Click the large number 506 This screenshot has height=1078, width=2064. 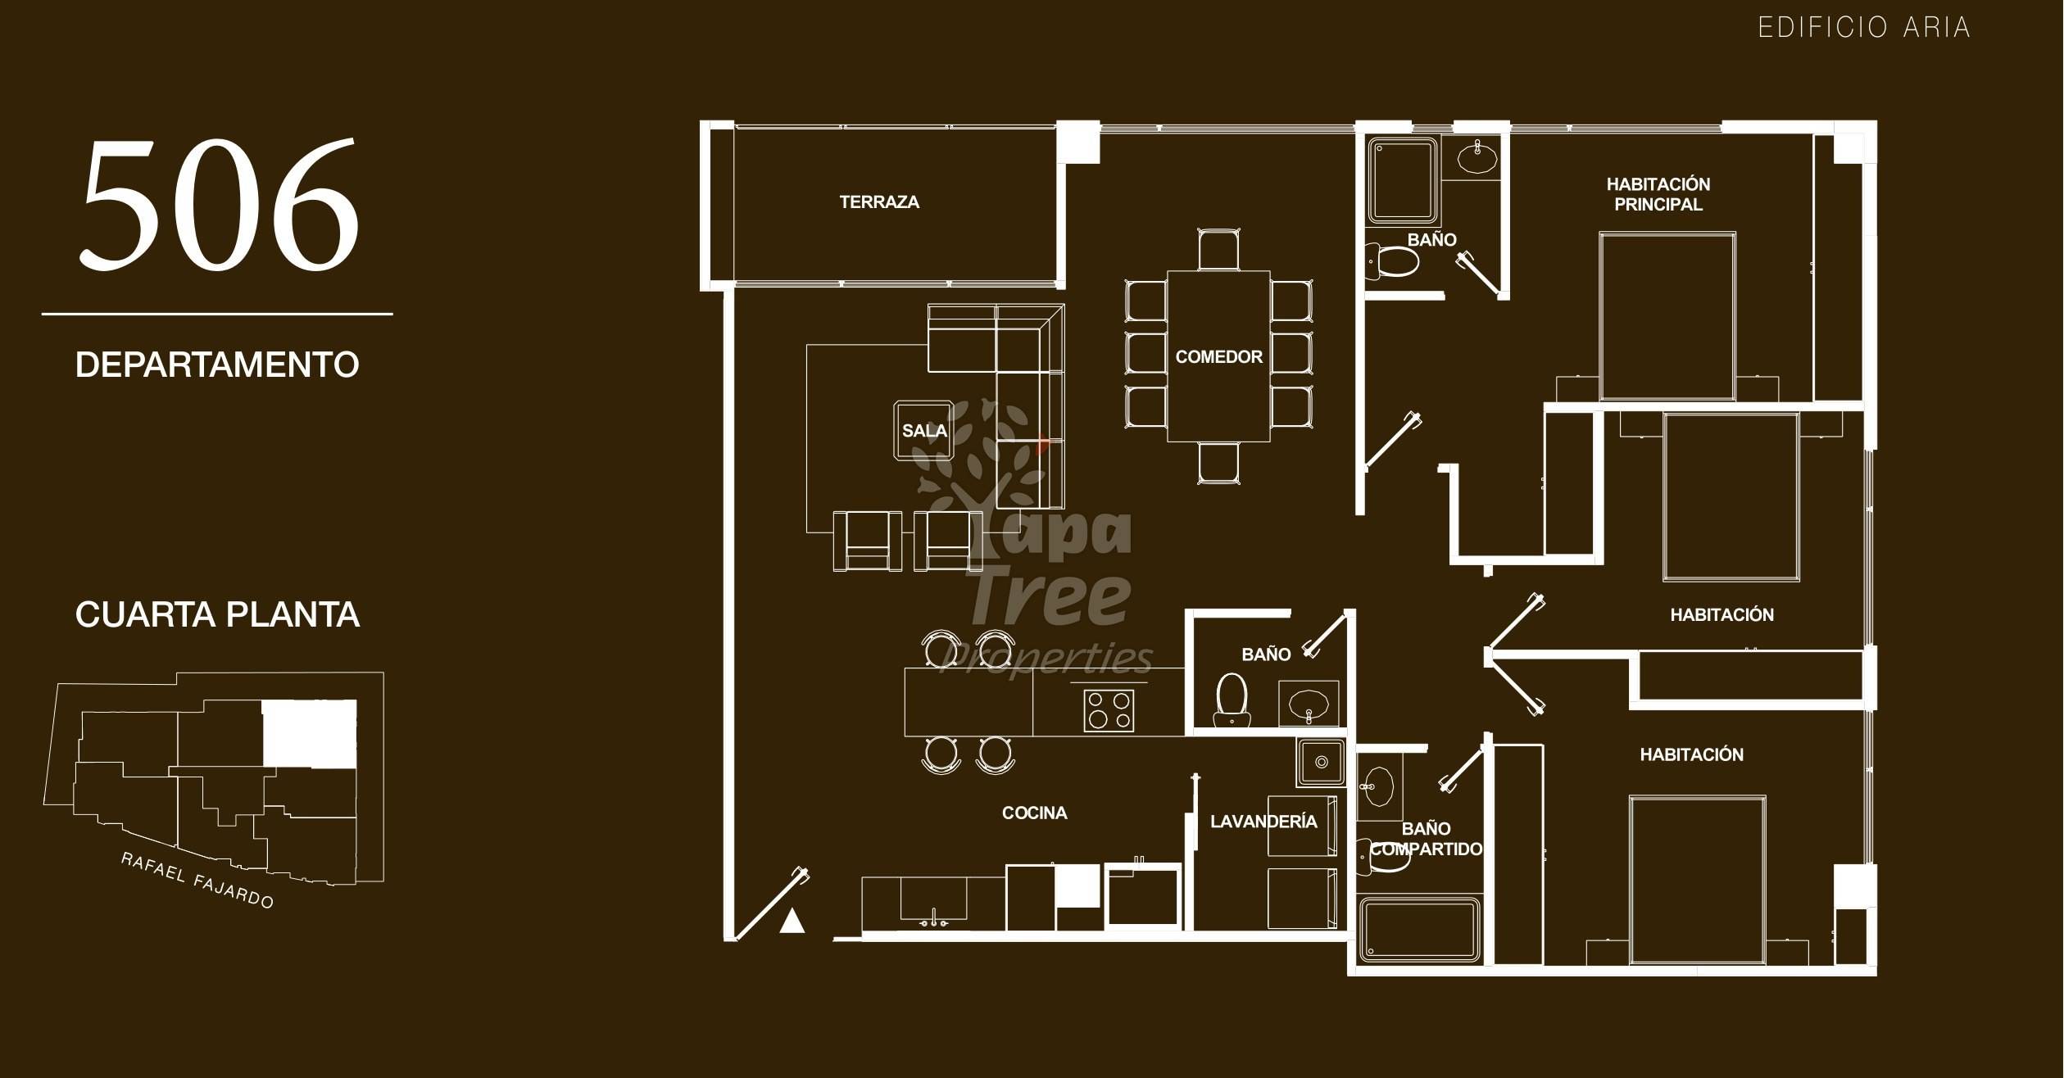pos(220,204)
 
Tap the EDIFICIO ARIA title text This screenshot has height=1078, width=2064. pos(1864,28)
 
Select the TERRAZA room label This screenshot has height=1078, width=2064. pos(879,202)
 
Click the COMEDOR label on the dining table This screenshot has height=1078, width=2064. pos(1218,357)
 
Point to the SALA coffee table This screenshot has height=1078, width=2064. pos(923,430)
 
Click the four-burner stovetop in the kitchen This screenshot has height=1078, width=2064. pos(1109,710)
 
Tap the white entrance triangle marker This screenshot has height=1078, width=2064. pos(792,921)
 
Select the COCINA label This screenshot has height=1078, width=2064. pos(1034,813)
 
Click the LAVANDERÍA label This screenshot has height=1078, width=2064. pos(1263,822)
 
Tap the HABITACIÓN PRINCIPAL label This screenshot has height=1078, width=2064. pos(1658,194)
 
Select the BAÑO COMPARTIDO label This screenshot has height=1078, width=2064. pos(1427,839)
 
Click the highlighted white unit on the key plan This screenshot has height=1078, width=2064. pos(310,734)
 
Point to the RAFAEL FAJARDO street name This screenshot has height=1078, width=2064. pos(197,881)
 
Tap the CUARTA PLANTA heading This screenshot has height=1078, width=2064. pos(217,615)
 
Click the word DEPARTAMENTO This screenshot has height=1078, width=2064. pos(217,365)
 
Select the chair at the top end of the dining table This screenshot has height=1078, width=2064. pos(1218,249)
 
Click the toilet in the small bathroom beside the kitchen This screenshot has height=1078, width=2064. pos(1232,700)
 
